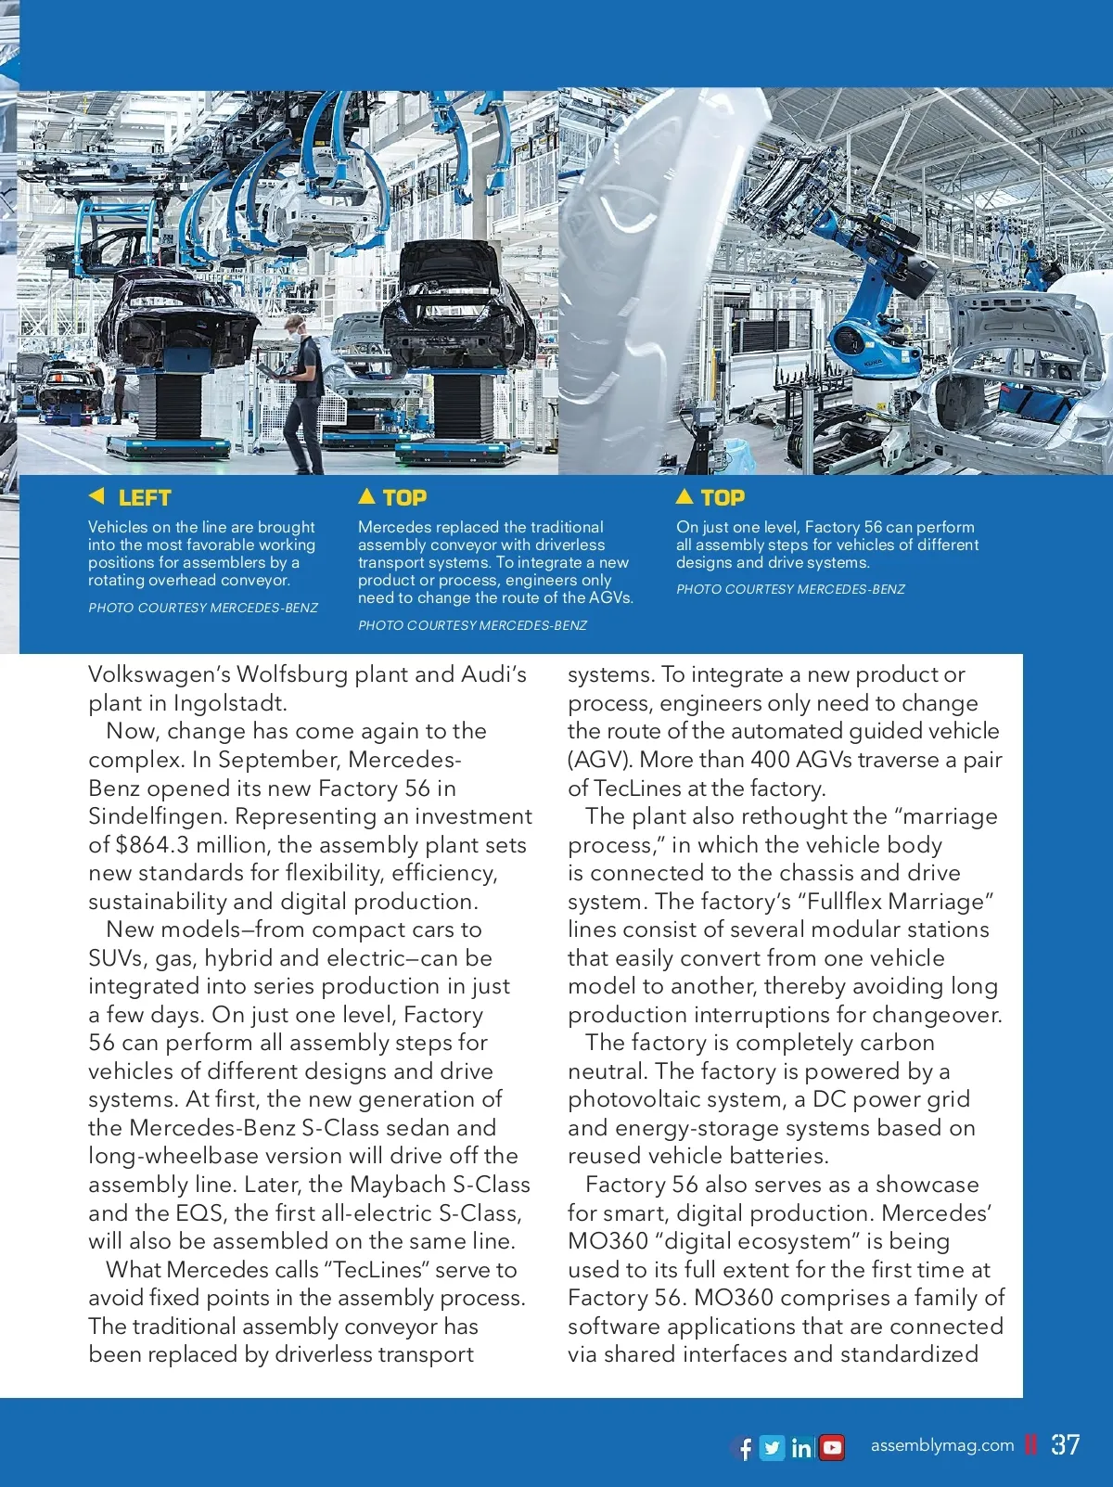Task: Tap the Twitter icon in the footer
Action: (772, 1448)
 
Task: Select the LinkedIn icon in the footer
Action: (802, 1448)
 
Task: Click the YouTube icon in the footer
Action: (833, 1448)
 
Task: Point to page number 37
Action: (1065, 1445)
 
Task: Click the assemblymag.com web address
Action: (942, 1445)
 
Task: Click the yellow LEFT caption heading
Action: (145, 498)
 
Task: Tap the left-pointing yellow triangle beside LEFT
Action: (96, 496)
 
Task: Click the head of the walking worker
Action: (294, 326)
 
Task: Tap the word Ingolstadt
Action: (229, 703)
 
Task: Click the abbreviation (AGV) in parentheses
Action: (599, 760)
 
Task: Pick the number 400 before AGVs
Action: (770, 760)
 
